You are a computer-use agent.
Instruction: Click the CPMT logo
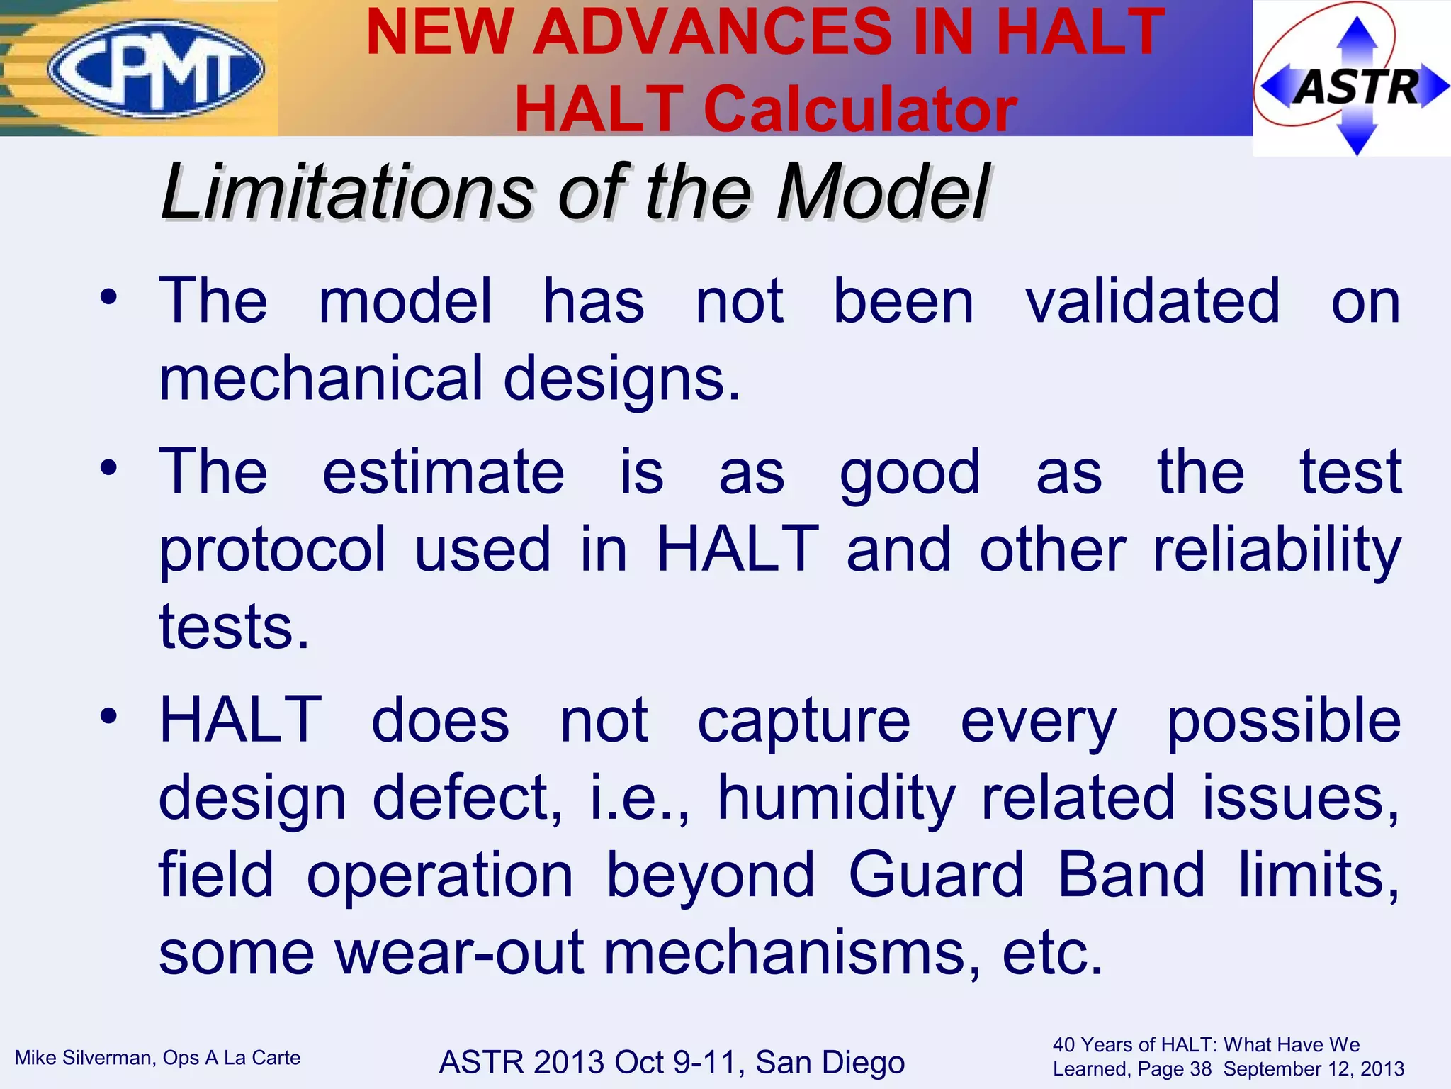[x=156, y=69]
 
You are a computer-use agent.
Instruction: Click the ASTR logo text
[x=1356, y=86]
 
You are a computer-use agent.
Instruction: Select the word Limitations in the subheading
[x=347, y=192]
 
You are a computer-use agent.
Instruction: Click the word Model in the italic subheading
[x=883, y=192]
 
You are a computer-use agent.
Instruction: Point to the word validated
[x=1153, y=301]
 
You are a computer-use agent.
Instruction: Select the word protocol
[x=273, y=550]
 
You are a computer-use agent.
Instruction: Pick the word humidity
[x=837, y=798]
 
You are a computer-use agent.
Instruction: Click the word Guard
[x=936, y=875]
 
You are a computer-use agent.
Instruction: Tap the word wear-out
[x=459, y=953]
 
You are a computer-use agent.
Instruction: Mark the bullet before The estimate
[x=108, y=468]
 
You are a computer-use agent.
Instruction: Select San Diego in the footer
[x=830, y=1062]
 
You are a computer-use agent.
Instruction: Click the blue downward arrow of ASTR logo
[x=1356, y=138]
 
